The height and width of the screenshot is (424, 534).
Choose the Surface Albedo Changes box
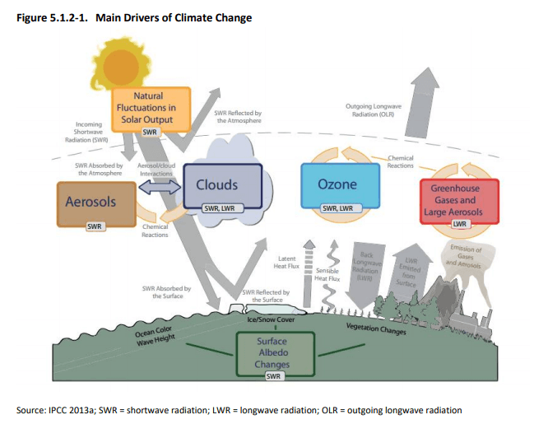point(272,352)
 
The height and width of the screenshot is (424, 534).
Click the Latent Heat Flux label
point(284,263)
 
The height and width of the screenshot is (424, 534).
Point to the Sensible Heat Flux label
point(328,273)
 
